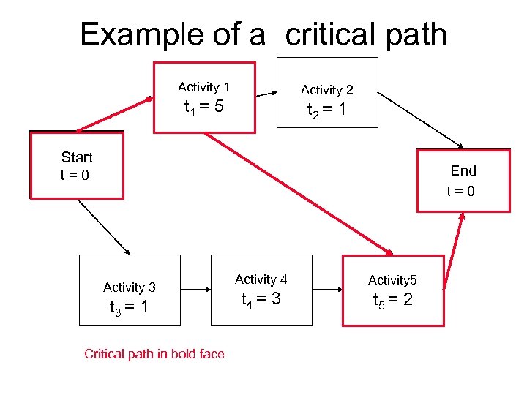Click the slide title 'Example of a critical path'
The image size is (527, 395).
click(263, 34)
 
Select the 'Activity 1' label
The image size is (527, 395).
click(203, 88)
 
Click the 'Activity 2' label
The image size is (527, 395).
click(326, 90)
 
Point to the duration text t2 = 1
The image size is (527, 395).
click(326, 112)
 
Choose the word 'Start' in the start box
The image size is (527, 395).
click(77, 157)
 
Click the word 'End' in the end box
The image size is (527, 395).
click(463, 170)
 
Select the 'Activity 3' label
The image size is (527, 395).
click(129, 287)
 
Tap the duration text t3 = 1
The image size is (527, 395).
click(129, 308)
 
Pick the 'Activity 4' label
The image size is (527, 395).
click(261, 279)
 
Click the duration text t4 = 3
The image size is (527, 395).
click(261, 299)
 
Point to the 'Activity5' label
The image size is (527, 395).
click(392, 280)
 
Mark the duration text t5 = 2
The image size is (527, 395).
click(392, 300)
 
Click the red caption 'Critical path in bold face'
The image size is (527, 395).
click(154, 354)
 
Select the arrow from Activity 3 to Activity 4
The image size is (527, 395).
click(195, 290)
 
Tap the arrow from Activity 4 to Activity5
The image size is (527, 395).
click(327, 290)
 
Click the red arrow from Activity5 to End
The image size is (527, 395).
click(455, 249)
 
